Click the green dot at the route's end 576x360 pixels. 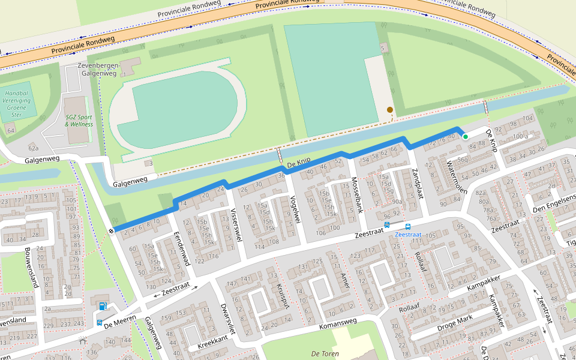pos(465,137)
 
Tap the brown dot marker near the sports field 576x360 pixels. pos(390,110)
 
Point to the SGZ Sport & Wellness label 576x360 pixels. pos(79,121)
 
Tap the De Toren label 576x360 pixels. pos(322,354)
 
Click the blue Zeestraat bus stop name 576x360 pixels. pos(408,235)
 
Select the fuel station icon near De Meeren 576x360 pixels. pos(102,307)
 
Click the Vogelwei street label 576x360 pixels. pos(293,209)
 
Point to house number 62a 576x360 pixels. pos(33,148)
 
